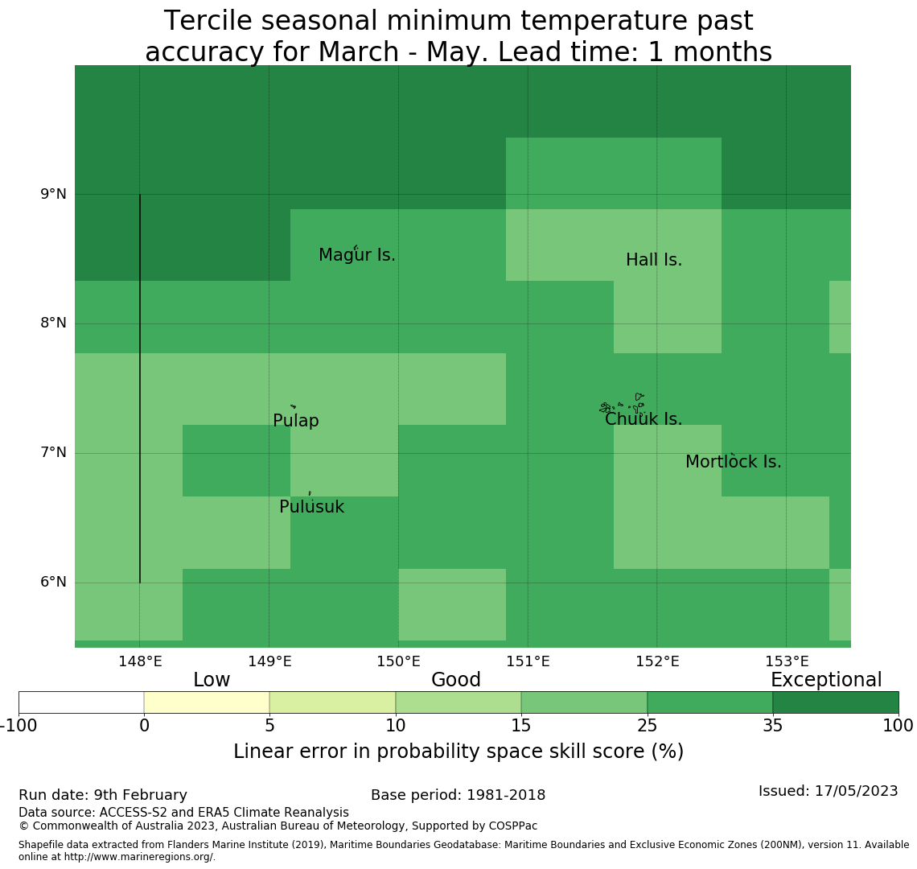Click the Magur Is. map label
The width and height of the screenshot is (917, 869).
tap(357, 256)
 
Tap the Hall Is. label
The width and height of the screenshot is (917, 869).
tap(654, 261)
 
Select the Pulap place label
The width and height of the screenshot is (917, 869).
tap(296, 422)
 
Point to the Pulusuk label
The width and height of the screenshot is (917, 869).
tap(311, 508)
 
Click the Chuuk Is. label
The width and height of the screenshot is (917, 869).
tap(644, 420)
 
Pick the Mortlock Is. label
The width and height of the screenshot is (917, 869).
tap(733, 463)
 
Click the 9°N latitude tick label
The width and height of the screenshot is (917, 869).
tap(53, 194)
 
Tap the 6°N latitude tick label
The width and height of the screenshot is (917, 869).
tap(53, 582)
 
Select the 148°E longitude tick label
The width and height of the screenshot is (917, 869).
tap(140, 662)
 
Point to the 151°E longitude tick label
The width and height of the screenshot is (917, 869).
tap(528, 662)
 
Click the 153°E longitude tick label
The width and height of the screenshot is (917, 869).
tap(787, 662)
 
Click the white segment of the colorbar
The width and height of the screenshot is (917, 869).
tap(81, 702)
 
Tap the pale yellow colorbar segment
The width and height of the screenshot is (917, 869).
tap(207, 702)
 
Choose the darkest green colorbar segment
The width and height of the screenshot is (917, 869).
tap(836, 702)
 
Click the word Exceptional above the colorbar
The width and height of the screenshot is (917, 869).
tap(826, 681)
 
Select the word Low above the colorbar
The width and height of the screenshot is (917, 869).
tap(212, 681)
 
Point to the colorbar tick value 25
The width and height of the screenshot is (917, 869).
tap(647, 726)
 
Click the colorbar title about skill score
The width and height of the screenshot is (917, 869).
tap(458, 752)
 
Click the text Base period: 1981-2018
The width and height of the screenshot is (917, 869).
tap(458, 796)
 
